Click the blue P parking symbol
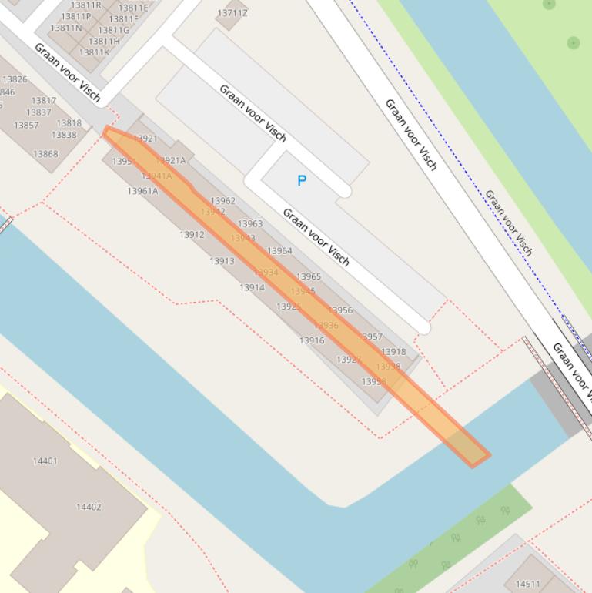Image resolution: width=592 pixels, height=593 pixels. pos(302,181)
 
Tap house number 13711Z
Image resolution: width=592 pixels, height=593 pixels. pos(232,13)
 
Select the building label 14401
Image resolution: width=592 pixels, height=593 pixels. pos(45,461)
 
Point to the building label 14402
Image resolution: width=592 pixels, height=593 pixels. pos(89,508)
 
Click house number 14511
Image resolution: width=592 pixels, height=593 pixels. pos(527,585)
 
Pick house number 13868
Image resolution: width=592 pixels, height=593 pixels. pos(45,154)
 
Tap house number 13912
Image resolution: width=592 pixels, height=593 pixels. pos(192,235)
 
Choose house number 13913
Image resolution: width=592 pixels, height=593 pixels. pos(222,261)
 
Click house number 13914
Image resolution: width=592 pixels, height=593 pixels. pos(252,288)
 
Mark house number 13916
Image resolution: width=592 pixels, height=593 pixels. pos(312,340)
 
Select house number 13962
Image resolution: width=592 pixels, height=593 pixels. pos(222,201)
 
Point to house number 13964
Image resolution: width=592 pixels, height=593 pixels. pos(279,251)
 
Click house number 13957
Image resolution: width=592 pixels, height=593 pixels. pos(370,337)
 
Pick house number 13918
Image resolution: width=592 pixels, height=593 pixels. pos(393,352)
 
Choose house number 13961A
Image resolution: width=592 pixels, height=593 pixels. pos(142,191)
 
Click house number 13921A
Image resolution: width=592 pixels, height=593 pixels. pos(171,161)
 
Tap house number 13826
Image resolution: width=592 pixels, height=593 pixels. pos(15,79)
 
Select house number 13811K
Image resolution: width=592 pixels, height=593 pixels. pos(95,52)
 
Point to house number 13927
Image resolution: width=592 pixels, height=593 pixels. pos(349,360)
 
